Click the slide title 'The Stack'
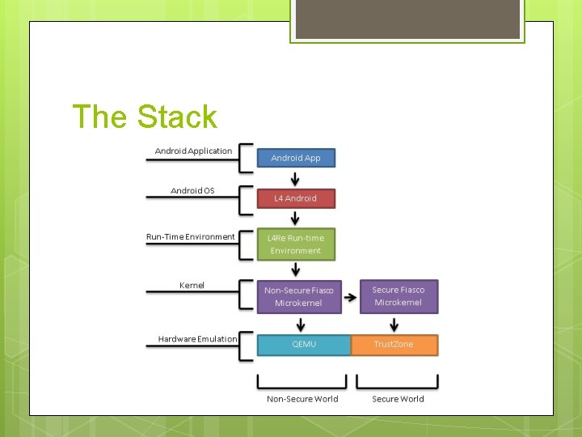(145, 117)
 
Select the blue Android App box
(296, 157)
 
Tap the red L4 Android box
(296, 198)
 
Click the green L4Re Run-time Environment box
(296, 244)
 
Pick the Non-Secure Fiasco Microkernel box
(298, 296)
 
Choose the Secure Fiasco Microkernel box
(398, 296)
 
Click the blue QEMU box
(304, 345)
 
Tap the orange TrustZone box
(394, 345)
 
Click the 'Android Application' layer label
(193, 151)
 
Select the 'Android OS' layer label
(192, 191)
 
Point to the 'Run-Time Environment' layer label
(191, 237)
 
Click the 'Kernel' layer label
(192, 285)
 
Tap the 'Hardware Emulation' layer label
(197, 339)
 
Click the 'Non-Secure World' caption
(302, 398)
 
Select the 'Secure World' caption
(398, 398)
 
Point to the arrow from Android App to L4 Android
(296, 178)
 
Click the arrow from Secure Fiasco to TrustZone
(394, 324)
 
